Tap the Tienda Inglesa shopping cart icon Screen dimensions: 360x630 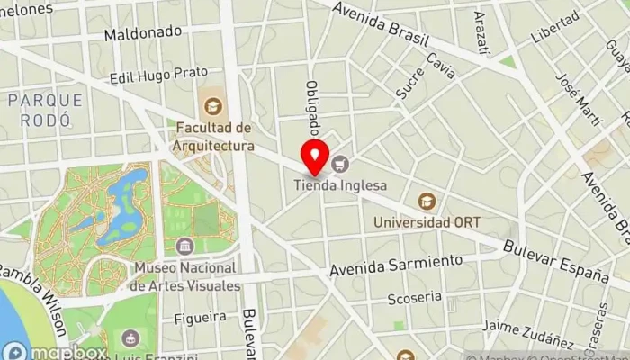(x=340, y=164)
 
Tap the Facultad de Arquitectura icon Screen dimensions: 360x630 (x=214, y=106)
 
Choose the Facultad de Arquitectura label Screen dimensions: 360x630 (x=214, y=136)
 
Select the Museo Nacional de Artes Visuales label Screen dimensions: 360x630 (x=185, y=276)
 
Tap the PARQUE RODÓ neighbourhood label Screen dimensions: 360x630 (x=45, y=109)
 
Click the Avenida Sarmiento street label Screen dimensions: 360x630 (x=396, y=265)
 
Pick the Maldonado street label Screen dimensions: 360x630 (x=142, y=33)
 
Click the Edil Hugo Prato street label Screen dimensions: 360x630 (x=157, y=74)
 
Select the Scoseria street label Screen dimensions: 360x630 (x=413, y=296)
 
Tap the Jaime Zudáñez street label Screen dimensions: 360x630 (x=527, y=332)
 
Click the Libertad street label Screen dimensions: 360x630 (x=555, y=27)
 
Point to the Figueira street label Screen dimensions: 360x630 (x=201, y=317)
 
